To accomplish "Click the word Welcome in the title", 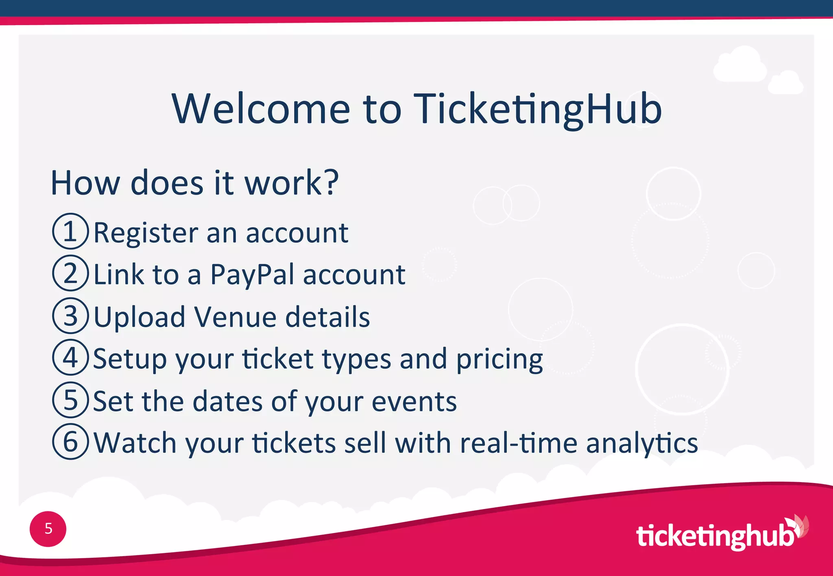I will [261, 108].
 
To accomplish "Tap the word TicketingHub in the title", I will [537, 108].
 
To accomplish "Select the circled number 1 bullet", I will [70, 232].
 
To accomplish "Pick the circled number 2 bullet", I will [70, 273].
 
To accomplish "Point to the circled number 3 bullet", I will [70, 316].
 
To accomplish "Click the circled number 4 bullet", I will [70, 358].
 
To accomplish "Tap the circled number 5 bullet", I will [70, 400].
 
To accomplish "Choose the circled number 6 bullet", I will [70, 442].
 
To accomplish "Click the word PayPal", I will [252, 275].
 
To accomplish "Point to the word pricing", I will [499, 360].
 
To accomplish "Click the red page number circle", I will [48, 529].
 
